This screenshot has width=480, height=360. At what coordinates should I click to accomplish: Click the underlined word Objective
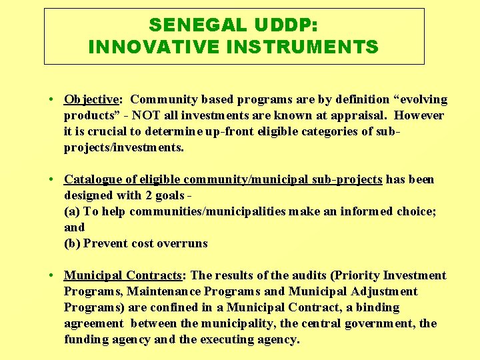91,100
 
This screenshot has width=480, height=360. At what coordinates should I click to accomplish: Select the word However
419,115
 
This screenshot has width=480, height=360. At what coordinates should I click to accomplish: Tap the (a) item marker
72,211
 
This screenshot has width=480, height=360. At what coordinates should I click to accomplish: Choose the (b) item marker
72,243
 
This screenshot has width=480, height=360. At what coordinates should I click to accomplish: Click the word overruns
182,243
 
